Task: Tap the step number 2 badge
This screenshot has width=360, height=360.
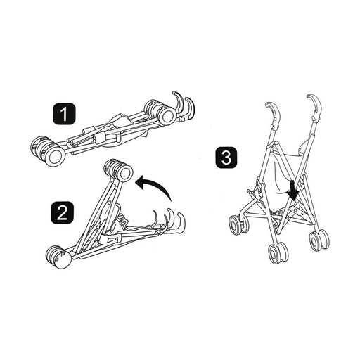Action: point(64,211)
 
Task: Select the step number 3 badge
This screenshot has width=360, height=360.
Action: point(225,157)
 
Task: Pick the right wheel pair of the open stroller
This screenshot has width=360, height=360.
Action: point(319,239)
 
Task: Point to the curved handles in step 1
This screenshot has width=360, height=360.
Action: point(184,105)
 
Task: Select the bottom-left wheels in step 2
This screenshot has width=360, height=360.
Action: point(58,257)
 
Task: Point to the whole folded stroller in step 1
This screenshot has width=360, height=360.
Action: point(112,129)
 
